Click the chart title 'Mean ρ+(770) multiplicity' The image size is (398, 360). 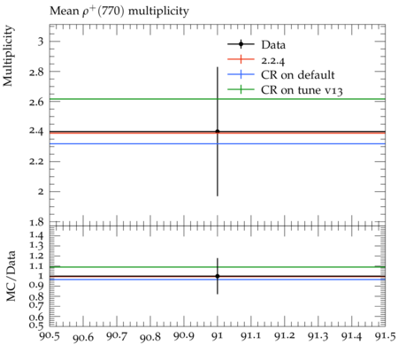pos(119,11)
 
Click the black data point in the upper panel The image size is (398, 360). pos(218,132)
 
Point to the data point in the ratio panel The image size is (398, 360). pos(218,276)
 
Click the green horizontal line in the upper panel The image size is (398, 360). pos(218,99)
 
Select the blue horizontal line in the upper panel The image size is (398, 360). pos(218,144)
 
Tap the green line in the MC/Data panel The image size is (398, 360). pos(218,267)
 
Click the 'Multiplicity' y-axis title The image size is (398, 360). pos(8,56)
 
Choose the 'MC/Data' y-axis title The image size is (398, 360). pos(11,276)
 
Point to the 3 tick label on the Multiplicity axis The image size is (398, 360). pos(41,41)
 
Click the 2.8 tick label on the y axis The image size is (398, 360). pos(36,72)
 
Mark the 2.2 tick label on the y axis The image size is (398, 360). pos(36,162)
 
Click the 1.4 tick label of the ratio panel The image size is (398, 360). pos(36,235)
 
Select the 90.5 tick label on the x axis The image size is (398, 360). pos(50,336)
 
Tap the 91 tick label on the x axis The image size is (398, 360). pos(218,336)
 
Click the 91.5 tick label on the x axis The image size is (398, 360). pos(385,336)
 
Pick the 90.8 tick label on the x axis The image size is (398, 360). pos(150,337)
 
